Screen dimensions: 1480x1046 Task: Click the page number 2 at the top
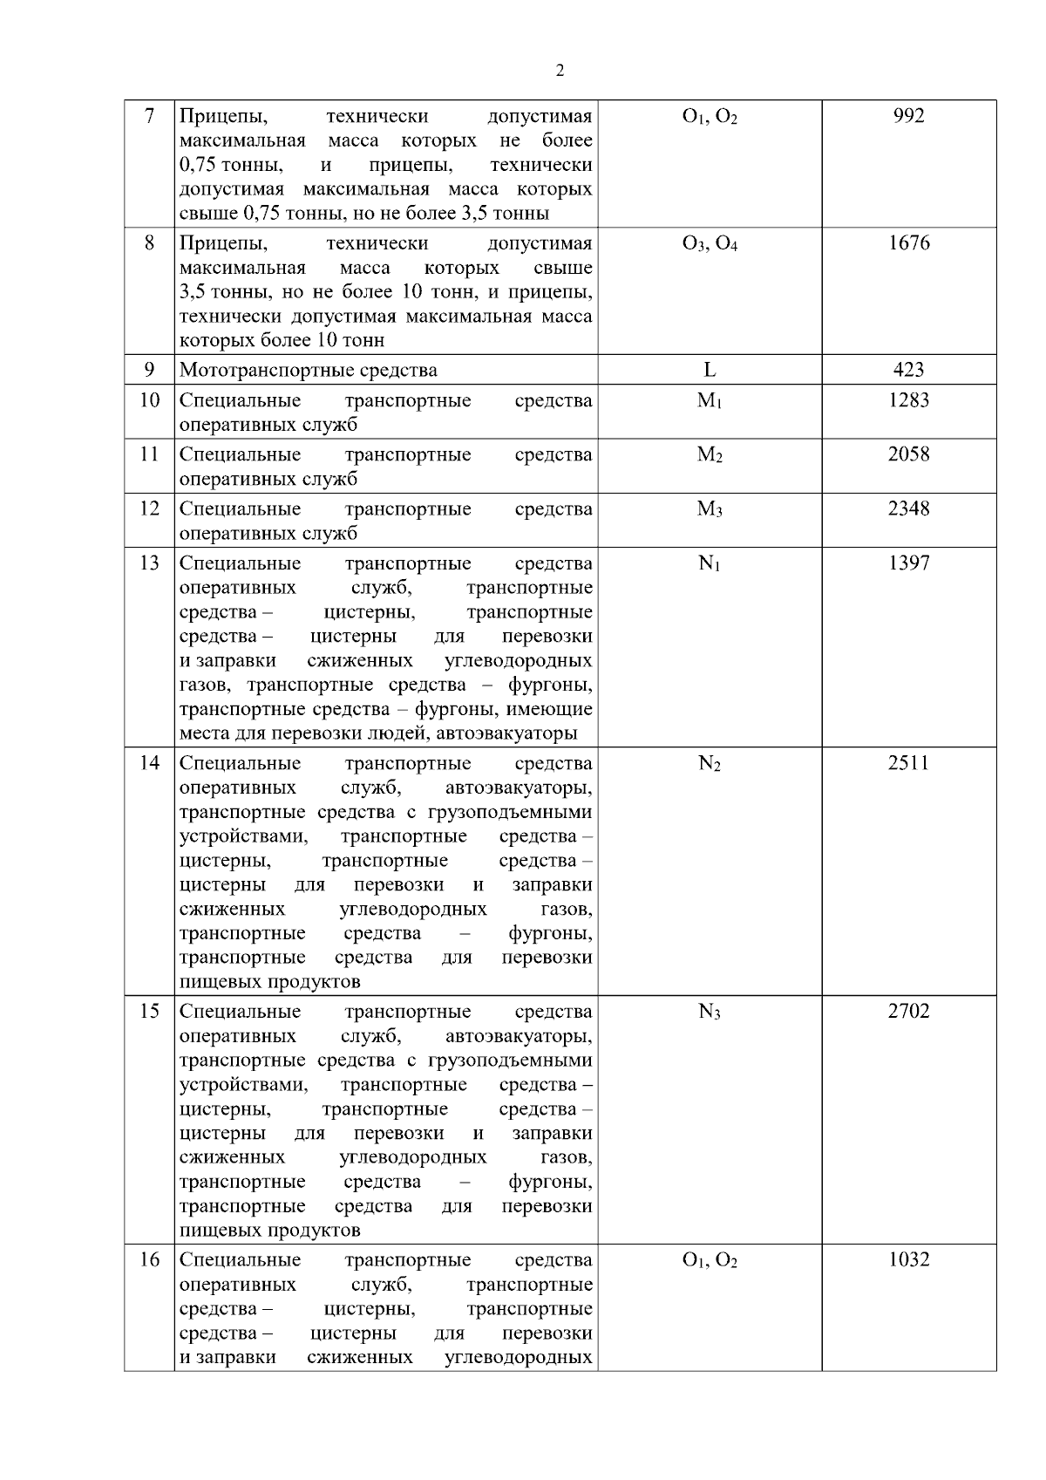[x=560, y=71]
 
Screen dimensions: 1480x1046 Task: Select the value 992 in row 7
[x=908, y=117]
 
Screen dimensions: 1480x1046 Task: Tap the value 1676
[x=908, y=243]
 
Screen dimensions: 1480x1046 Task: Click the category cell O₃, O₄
[x=710, y=244]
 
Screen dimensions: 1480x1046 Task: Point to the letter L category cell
[x=710, y=370]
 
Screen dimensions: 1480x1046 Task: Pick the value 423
[x=908, y=370]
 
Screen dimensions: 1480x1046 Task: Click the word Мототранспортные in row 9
[x=254, y=371]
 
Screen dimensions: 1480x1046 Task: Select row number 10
[x=149, y=400]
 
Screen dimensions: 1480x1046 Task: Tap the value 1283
[x=908, y=400]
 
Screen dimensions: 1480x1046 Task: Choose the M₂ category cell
[x=710, y=455]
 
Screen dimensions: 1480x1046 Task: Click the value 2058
[x=908, y=454]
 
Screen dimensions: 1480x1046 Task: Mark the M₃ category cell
[x=710, y=509]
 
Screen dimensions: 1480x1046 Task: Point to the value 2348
[x=908, y=508]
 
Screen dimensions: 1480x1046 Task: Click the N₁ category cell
[x=710, y=564]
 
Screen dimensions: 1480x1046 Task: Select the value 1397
[x=908, y=563]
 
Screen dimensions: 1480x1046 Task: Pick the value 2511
[x=908, y=763]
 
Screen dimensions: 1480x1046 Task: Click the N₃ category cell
[x=710, y=1013]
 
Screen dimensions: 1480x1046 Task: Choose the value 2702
[x=908, y=1012]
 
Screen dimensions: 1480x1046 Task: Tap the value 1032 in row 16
[x=908, y=1260]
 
